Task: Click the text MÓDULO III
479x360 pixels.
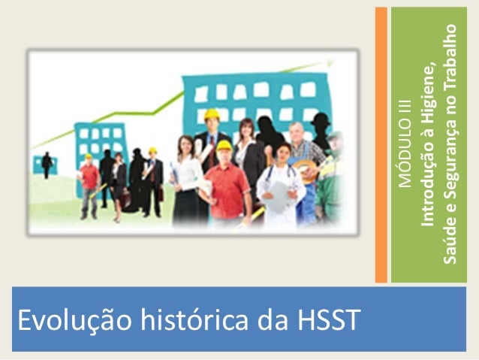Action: coord(406,142)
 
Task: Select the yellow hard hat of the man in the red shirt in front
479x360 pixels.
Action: coord(224,145)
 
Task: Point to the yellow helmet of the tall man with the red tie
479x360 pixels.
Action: coord(212,114)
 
